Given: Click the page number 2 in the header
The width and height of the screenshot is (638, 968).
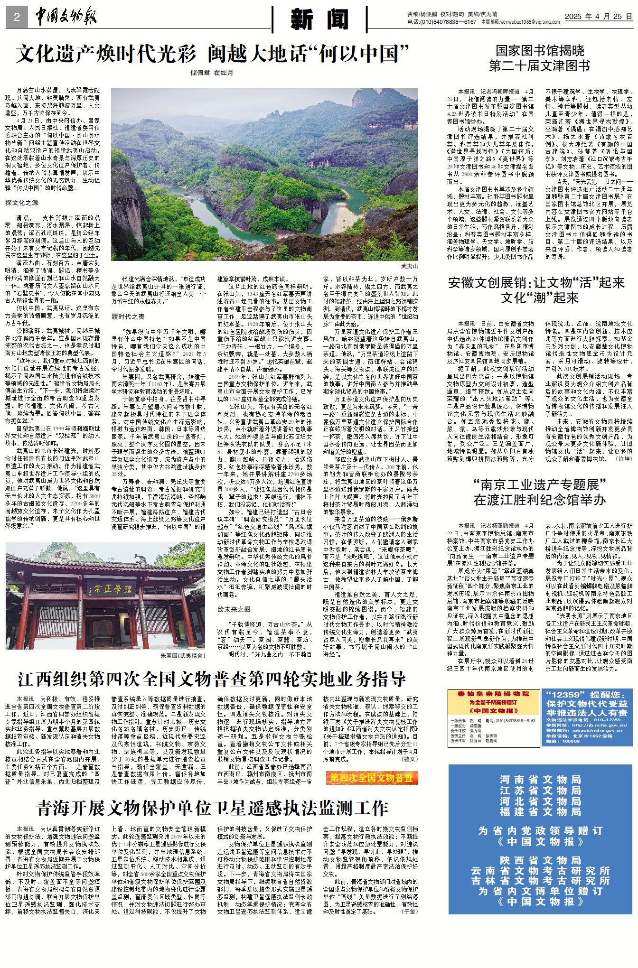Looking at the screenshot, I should (17, 18).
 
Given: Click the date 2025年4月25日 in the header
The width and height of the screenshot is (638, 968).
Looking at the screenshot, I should (598, 17).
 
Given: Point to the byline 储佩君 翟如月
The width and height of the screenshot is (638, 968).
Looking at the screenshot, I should (212, 73).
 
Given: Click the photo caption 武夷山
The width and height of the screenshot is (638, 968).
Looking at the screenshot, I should (409, 267).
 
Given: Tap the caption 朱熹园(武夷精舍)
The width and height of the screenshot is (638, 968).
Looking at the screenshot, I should (182, 656).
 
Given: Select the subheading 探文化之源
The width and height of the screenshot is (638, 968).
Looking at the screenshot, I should (22, 203).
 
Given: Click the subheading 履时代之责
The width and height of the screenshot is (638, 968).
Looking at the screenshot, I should (128, 316).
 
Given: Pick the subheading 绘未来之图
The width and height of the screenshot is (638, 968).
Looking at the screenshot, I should (234, 609).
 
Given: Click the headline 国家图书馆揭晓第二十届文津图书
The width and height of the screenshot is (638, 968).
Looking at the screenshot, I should (539, 58).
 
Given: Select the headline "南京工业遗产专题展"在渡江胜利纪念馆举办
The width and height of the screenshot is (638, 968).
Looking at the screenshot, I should (539, 492).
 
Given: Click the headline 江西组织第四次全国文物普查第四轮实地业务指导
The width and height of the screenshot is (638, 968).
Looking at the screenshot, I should (212, 679).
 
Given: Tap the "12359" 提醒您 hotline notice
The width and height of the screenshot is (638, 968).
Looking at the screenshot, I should (587, 717).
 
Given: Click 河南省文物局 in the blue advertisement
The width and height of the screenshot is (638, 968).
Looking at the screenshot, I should (540, 779).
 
